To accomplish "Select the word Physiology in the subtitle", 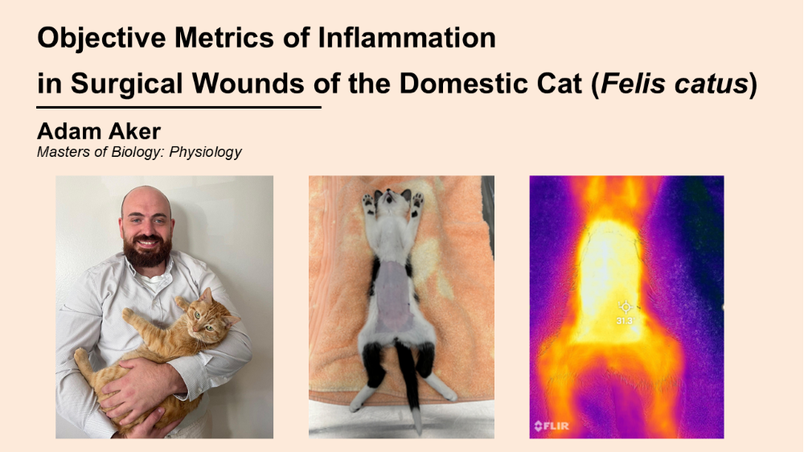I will tap(206, 151).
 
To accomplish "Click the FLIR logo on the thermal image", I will tap(552, 425).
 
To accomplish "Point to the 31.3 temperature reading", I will tap(625, 320).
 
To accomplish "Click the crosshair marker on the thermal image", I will tap(625, 306).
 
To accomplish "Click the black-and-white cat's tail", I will tap(412, 398).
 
